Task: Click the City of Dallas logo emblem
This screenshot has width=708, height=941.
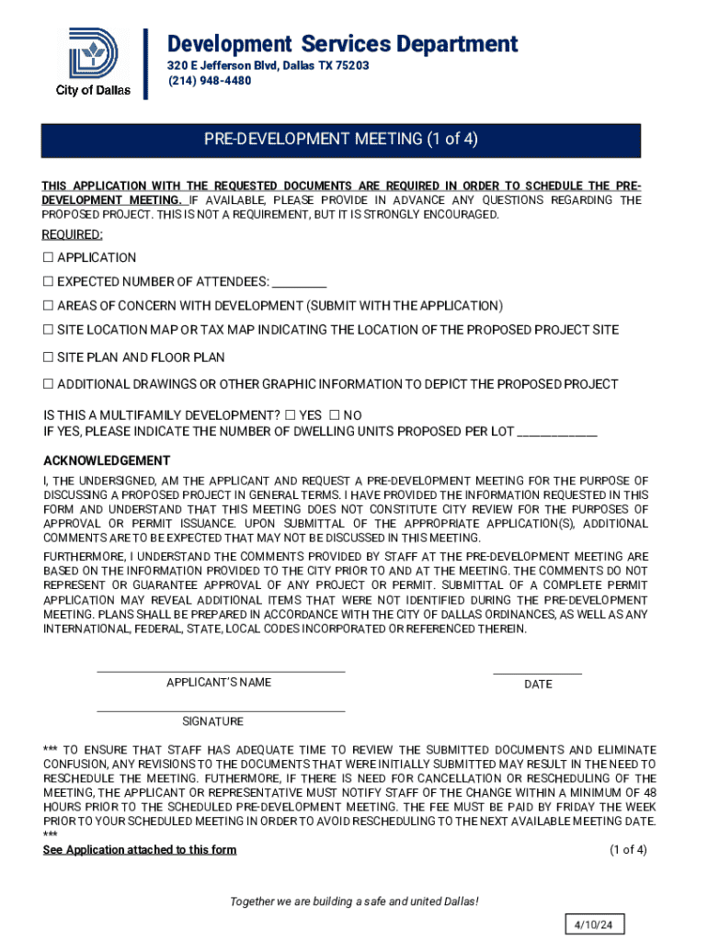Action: point(93,54)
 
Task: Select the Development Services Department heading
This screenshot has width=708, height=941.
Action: point(342,43)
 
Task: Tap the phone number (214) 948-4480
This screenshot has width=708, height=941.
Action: point(209,81)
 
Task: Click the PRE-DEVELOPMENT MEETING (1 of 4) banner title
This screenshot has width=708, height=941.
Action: point(340,140)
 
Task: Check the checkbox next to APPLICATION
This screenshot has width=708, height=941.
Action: point(49,258)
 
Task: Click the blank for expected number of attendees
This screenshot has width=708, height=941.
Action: point(300,282)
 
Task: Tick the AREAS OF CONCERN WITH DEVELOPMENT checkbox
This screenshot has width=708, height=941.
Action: point(49,306)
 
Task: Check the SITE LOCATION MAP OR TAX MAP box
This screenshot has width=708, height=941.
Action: point(49,330)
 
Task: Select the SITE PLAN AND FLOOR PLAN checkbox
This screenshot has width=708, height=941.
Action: point(49,357)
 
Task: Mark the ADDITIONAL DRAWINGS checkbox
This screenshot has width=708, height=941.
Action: point(49,384)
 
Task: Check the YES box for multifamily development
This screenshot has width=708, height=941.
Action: point(291,415)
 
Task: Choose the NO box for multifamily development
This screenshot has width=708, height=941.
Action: point(335,415)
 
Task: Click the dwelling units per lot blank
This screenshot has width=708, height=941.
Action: point(558,431)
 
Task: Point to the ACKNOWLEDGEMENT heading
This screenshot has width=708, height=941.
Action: point(107,460)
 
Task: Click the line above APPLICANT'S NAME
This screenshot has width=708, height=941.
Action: point(221,671)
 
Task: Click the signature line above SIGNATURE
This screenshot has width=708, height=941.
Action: point(221,710)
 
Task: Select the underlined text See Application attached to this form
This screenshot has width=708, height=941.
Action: point(140,850)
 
